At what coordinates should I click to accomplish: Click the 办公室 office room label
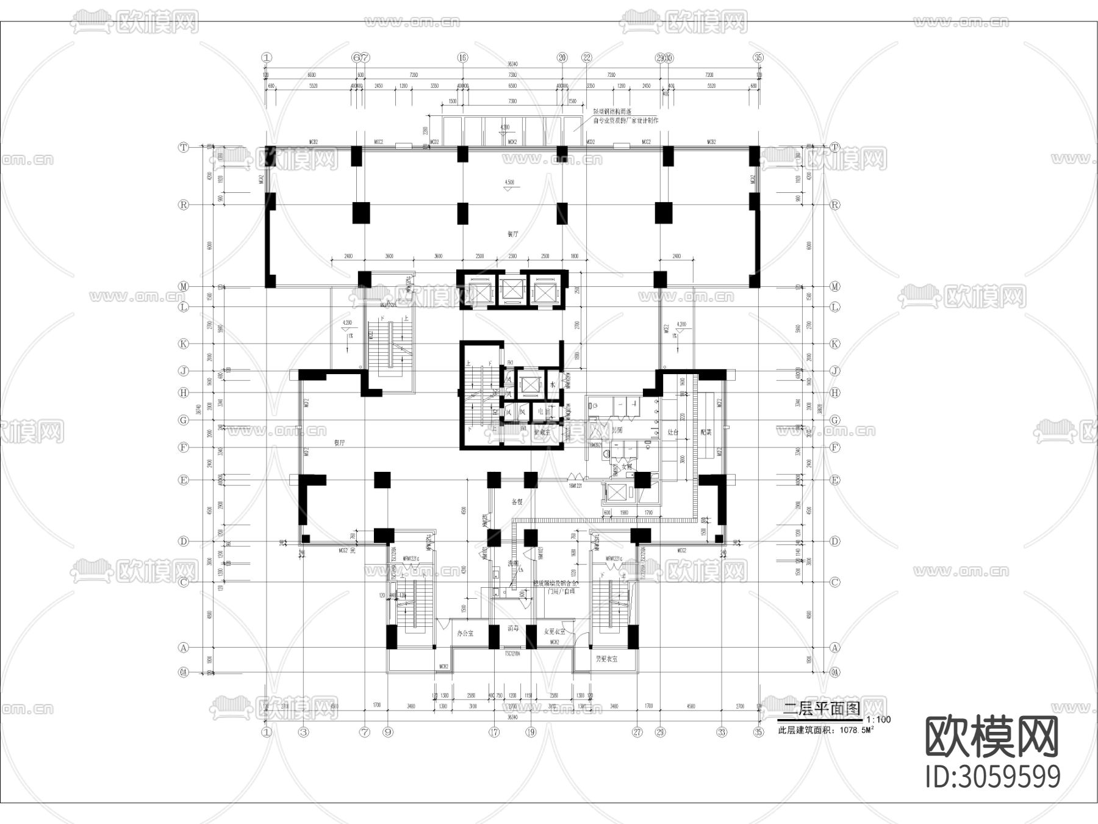tap(465, 634)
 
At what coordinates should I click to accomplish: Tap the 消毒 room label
tap(512, 628)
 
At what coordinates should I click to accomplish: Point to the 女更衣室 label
tap(554, 632)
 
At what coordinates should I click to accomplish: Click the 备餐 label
tap(517, 502)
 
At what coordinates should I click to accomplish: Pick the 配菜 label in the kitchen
tap(706, 432)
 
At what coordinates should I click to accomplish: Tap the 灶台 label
tap(673, 432)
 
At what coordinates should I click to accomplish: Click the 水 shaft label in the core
tap(553, 385)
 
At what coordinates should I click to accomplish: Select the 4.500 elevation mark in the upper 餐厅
tap(509, 182)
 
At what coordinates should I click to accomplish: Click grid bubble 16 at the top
tap(462, 58)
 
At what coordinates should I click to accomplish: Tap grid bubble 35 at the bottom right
tap(758, 732)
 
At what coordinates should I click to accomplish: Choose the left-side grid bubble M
tap(183, 286)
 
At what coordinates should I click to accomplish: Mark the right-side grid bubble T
tap(835, 147)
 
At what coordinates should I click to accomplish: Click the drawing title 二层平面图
tap(821, 709)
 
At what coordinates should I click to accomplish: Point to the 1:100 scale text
tap(878, 720)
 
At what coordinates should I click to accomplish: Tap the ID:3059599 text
tap(992, 777)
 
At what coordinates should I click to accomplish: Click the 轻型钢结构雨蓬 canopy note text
tap(612, 112)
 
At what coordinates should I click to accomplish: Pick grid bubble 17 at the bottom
tap(494, 732)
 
